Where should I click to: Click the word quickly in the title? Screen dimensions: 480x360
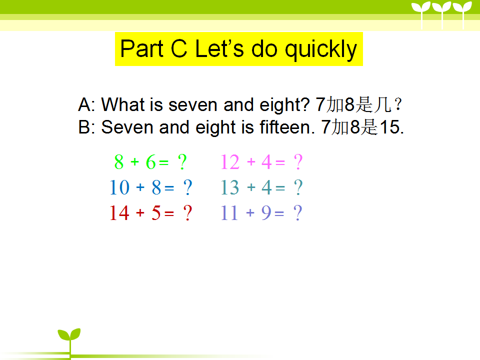(x=321, y=49)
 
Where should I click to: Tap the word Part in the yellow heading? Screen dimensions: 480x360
(x=142, y=48)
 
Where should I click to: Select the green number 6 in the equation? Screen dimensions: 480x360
(x=150, y=162)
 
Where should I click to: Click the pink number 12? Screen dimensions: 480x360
(x=230, y=162)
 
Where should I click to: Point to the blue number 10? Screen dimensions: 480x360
(x=119, y=187)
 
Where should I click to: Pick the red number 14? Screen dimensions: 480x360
(x=119, y=213)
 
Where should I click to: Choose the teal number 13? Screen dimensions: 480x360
(x=230, y=187)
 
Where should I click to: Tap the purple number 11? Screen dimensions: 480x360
(x=229, y=213)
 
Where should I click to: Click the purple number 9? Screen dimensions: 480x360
(x=266, y=213)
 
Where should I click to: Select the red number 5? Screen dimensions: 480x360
(x=156, y=213)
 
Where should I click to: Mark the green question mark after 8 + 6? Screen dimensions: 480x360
(x=182, y=162)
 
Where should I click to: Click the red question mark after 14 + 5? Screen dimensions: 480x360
(x=187, y=213)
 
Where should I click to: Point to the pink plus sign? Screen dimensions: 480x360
(x=251, y=161)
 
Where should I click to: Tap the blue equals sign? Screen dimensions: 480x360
(x=169, y=187)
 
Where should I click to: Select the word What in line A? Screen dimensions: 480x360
(x=123, y=104)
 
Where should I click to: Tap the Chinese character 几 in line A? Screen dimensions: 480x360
(x=383, y=104)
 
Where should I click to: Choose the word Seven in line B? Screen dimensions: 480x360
(x=127, y=126)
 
